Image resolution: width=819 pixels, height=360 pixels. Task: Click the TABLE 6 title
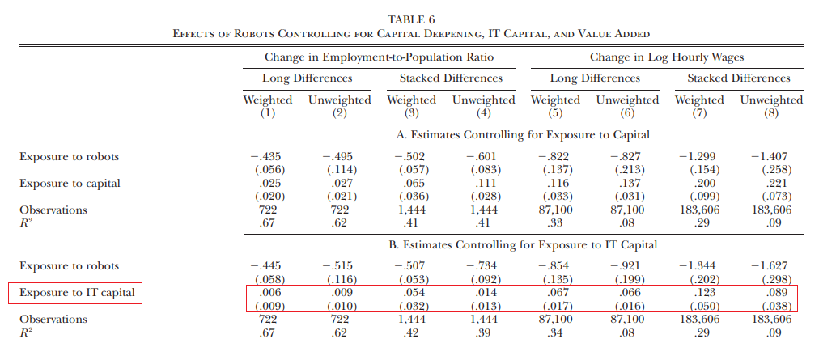pyautogui.click(x=410, y=20)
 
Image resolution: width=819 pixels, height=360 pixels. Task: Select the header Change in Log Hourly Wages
pyautogui.click(x=667, y=57)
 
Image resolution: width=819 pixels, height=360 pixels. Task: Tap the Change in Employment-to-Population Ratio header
pyautogui.click(x=379, y=57)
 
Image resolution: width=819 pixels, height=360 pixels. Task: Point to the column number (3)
pyautogui.click(x=411, y=113)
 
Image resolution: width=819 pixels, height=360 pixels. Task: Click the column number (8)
pyautogui.click(x=771, y=113)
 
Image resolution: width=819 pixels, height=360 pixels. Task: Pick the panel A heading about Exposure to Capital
pyautogui.click(x=523, y=135)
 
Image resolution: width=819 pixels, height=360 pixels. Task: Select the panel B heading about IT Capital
pyautogui.click(x=523, y=244)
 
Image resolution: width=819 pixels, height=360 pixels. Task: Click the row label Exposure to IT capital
pyautogui.click(x=78, y=293)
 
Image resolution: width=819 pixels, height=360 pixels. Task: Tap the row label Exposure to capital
pyautogui.click(x=70, y=184)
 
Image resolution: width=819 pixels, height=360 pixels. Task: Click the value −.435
pyautogui.click(x=267, y=156)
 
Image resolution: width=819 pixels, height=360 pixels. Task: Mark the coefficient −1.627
pyautogui.click(x=770, y=265)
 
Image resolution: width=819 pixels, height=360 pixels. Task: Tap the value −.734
pyautogui.click(x=482, y=265)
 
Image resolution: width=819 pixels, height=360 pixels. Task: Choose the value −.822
pyautogui.click(x=554, y=156)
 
